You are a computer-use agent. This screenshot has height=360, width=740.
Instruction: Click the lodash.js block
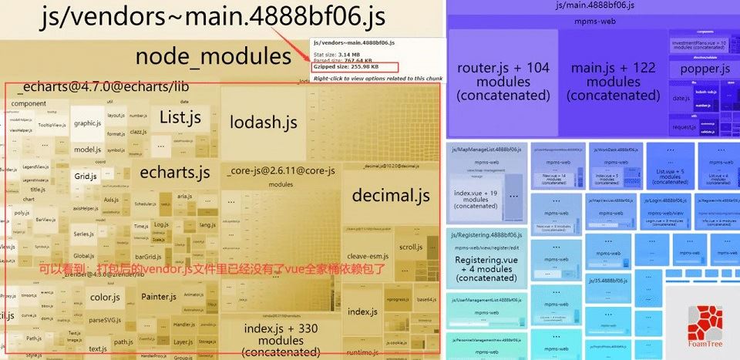(x=263, y=122)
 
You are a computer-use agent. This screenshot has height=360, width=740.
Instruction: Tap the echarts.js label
(x=175, y=172)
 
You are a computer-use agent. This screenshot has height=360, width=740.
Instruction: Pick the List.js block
(x=180, y=118)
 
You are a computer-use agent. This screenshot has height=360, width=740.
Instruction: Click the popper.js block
(x=705, y=69)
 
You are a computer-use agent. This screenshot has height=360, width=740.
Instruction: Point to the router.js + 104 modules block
(x=503, y=82)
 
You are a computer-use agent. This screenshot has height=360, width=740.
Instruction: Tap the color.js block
(x=105, y=297)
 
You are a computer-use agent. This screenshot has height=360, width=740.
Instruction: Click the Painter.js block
(x=160, y=297)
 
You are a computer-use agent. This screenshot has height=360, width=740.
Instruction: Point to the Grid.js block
(x=85, y=177)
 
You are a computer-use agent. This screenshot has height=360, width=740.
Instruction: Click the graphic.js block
(x=88, y=123)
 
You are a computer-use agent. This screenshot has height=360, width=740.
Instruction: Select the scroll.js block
(x=410, y=247)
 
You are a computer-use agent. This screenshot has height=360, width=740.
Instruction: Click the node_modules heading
(x=214, y=56)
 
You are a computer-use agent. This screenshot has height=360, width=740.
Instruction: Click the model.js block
(x=87, y=150)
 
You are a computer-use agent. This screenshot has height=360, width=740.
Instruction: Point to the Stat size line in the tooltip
(x=338, y=53)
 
